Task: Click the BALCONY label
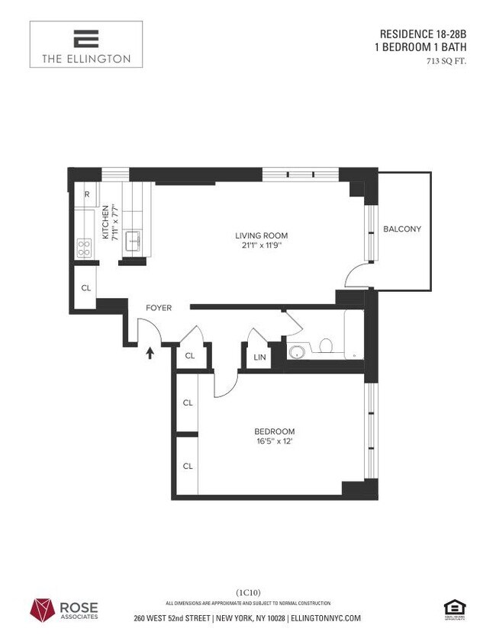(402, 229)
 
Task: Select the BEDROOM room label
(275, 431)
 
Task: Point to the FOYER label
(159, 308)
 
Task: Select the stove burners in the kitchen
(84, 248)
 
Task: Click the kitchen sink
(134, 241)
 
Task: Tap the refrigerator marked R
(87, 194)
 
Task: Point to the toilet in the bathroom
(324, 348)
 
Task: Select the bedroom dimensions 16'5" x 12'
(274, 443)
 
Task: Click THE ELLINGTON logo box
(86, 44)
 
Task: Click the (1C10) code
(248, 592)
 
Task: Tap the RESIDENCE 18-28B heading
(423, 34)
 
